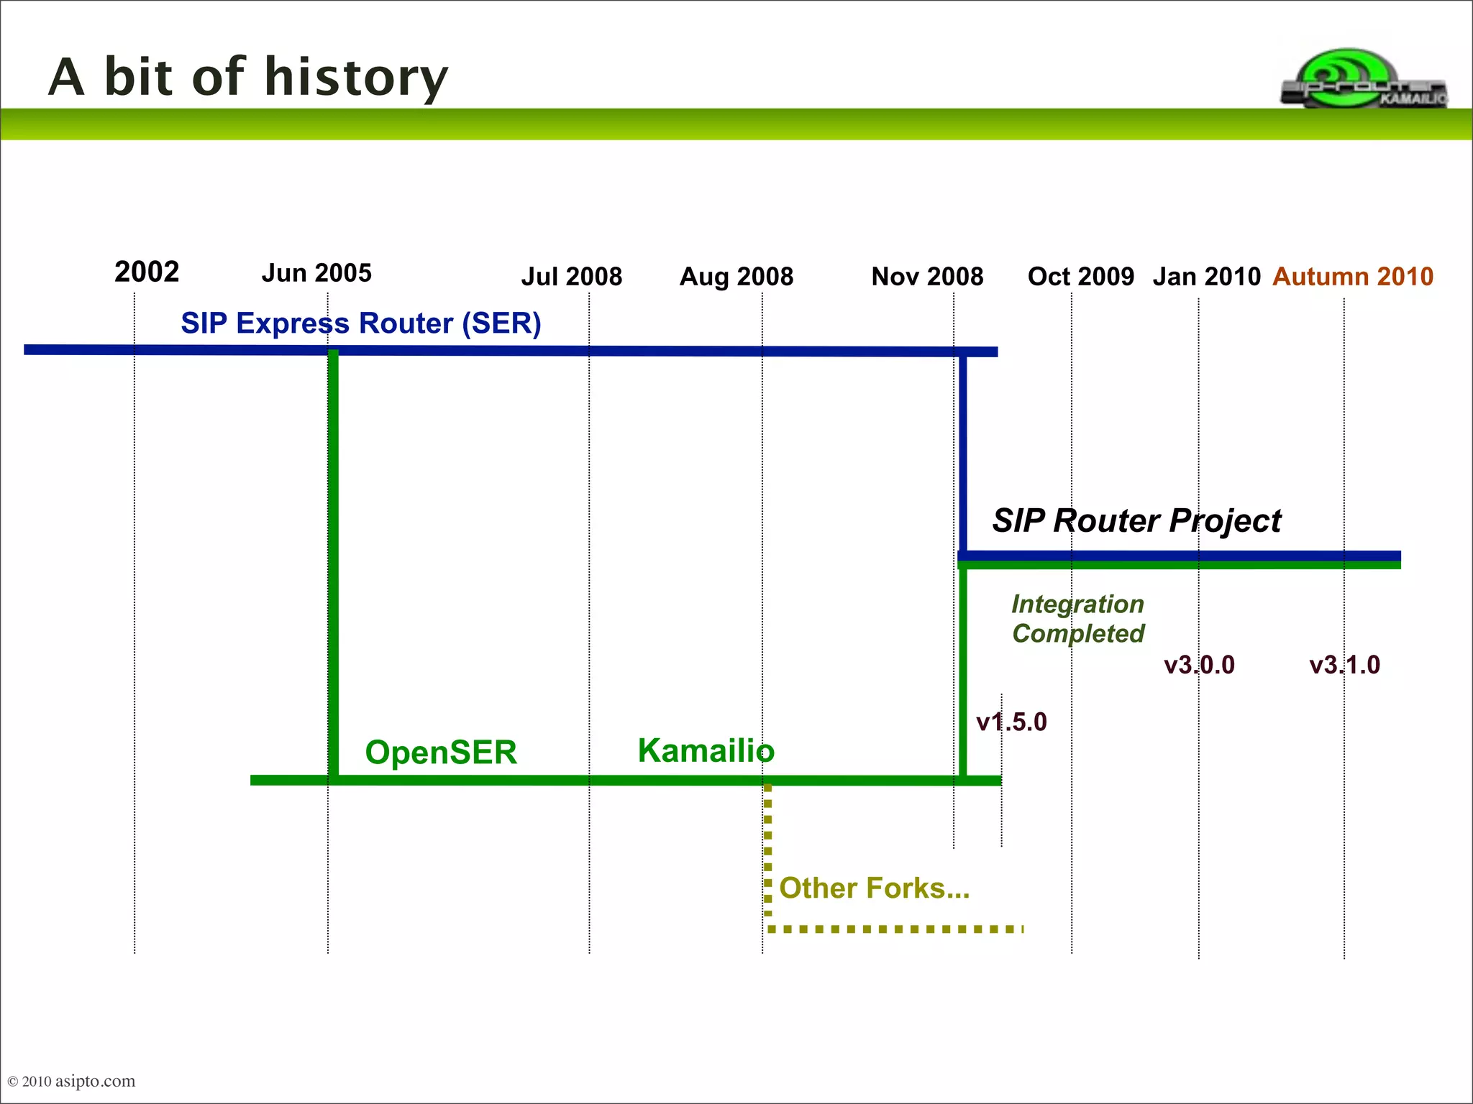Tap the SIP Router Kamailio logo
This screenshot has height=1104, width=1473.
pyautogui.click(x=1363, y=79)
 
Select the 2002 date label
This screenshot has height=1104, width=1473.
pyautogui.click(x=147, y=272)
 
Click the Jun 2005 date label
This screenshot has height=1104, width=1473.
pyautogui.click(x=316, y=273)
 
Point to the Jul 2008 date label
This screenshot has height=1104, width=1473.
pyautogui.click(x=572, y=277)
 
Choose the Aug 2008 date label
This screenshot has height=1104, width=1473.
pyautogui.click(x=736, y=277)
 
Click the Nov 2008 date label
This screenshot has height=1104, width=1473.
pyautogui.click(x=927, y=277)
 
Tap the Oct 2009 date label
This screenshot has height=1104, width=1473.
pyautogui.click(x=1080, y=277)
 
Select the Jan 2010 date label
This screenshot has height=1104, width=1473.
pyautogui.click(x=1207, y=277)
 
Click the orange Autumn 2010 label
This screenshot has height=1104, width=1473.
pyautogui.click(x=1353, y=277)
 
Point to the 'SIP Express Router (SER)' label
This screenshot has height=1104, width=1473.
pyautogui.click(x=360, y=323)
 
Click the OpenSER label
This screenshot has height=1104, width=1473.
pyautogui.click(x=441, y=753)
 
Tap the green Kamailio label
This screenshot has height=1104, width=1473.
pyautogui.click(x=706, y=751)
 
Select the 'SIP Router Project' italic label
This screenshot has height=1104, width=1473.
pyautogui.click(x=1136, y=520)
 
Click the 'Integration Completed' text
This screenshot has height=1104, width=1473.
pyautogui.click(x=1077, y=619)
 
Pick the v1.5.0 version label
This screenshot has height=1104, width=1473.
pyautogui.click(x=1011, y=722)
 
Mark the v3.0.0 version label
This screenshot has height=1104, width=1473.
pyautogui.click(x=1199, y=665)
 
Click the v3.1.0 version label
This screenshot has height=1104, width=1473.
pyautogui.click(x=1344, y=665)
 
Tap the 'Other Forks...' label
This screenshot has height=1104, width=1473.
pyautogui.click(x=874, y=888)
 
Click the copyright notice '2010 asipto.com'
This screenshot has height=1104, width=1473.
pyautogui.click(x=71, y=1081)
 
